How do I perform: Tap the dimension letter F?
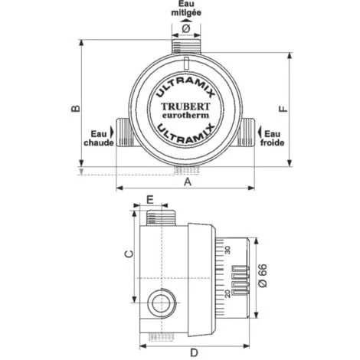pyautogui.click(x=283, y=109)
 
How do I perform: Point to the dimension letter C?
pyautogui.click(x=129, y=253)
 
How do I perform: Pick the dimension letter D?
pyautogui.click(x=195, y=352)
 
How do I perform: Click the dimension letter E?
pyautogui.click(x=150, y=198)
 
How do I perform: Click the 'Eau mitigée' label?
pyautogui.click(x=186, y=9)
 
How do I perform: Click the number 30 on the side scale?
pyautogui.click(x=227, y=250)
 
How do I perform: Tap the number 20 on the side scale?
pyautogui.click(x=227, y=292)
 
